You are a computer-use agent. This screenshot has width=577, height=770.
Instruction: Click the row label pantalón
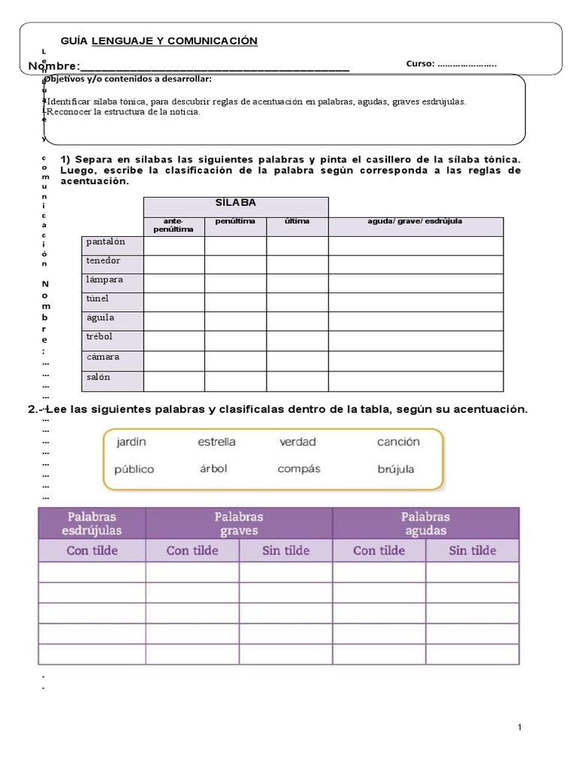click(x=105, y=242)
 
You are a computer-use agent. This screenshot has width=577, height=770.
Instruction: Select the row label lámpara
click(x=104, y=280)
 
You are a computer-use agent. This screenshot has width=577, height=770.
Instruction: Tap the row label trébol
click(x=99, y=337)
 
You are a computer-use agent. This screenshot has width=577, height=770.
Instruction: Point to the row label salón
click(x=98, y=377)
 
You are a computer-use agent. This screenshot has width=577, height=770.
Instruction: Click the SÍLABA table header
click(x=235, y=203)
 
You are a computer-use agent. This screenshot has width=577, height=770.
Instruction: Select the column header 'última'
click(x=297, y=222)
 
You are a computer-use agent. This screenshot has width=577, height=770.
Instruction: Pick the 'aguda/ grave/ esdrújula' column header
click(x=415, y=222)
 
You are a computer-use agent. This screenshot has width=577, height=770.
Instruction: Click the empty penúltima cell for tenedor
click(x=235, y=264)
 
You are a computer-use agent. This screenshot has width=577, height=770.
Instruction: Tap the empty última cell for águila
click(x=297, y=321)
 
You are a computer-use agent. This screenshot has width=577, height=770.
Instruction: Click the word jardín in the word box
click(x=131, y=442)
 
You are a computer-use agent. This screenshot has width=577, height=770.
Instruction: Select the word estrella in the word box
click(x=216, y=442)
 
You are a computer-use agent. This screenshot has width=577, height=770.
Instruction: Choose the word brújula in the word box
click(x=398, y=469)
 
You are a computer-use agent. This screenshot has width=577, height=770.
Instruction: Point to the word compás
click(x=298, y=468)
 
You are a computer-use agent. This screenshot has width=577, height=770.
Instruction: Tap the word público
click(x=134, y=469)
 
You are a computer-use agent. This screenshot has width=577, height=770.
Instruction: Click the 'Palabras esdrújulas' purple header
click(x=92, y=523)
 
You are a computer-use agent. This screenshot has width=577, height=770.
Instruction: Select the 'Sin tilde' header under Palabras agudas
click(x=472, y=550)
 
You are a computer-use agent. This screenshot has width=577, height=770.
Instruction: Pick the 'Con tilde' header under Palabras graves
click(x=192, y=550)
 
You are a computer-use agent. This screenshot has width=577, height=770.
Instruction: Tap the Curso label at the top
click(x=421, y=64)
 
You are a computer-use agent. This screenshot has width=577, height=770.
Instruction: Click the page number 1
click(x=519, y=728)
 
